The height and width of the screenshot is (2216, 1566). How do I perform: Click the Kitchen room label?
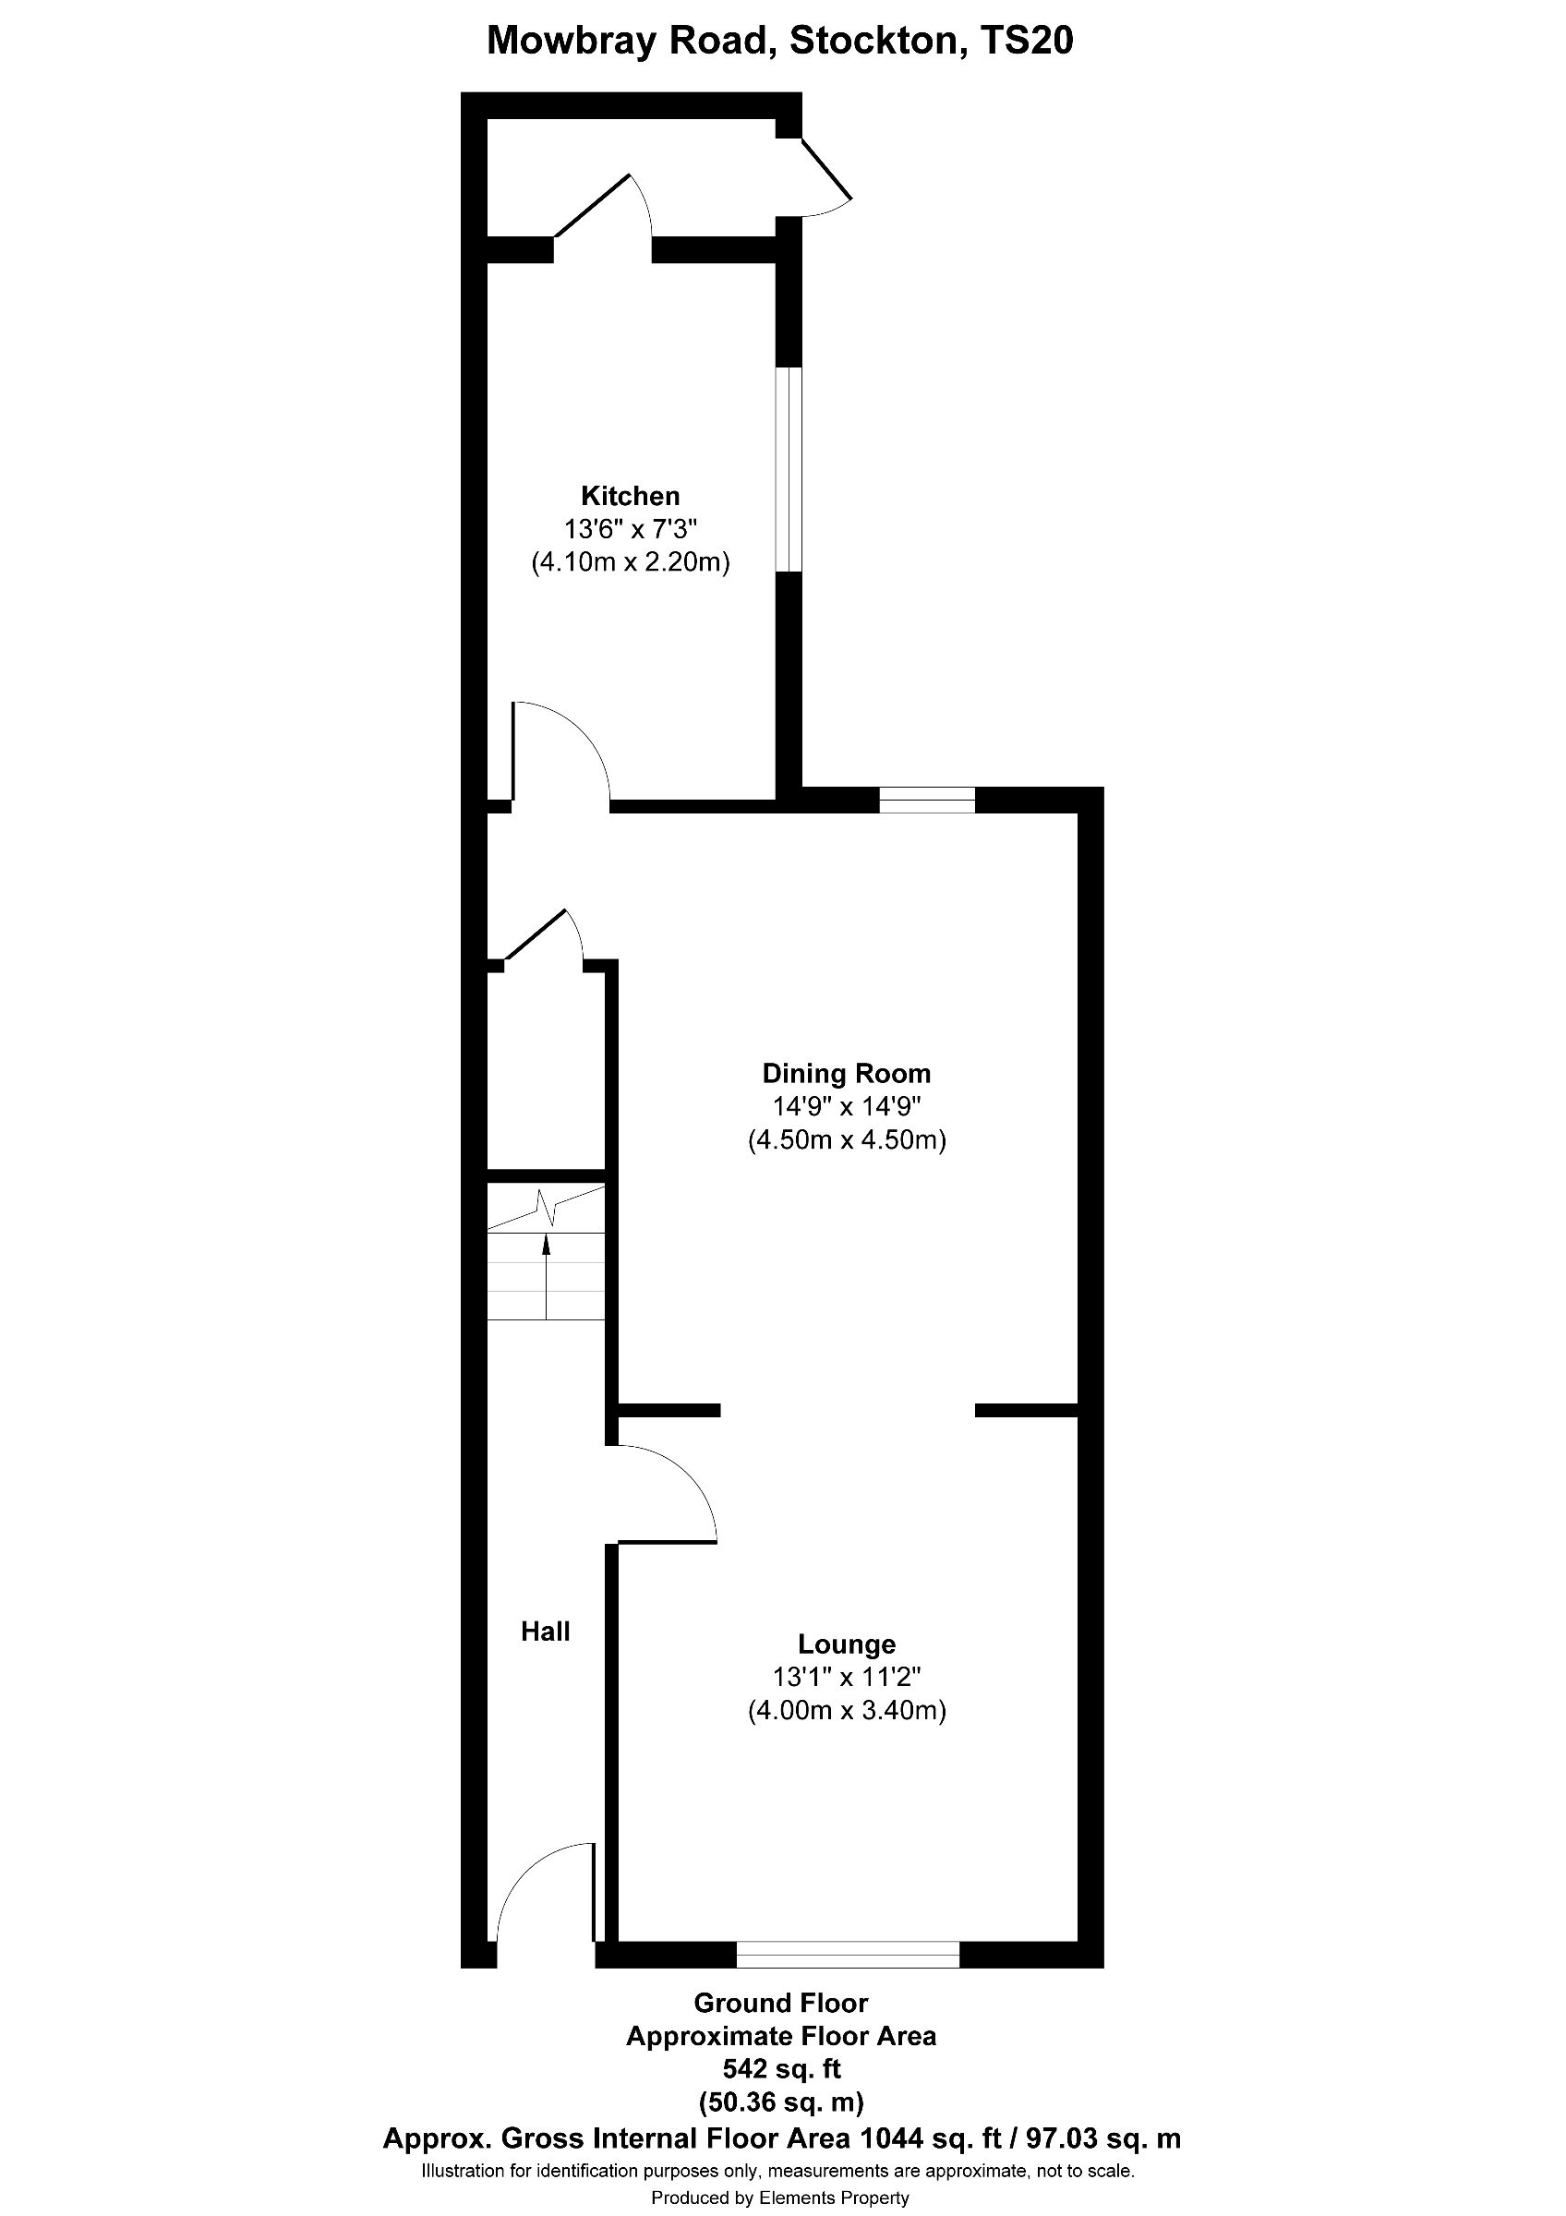630,496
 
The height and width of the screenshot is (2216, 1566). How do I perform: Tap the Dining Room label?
845,1073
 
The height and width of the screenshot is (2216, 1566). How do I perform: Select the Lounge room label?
846,1644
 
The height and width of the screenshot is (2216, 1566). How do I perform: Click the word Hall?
545,1632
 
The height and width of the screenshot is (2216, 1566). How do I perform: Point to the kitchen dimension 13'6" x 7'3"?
630,529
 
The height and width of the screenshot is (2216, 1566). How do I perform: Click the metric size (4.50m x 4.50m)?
846,1139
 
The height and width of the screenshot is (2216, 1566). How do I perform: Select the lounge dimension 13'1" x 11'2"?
846,1678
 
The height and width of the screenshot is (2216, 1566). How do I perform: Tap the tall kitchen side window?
789,469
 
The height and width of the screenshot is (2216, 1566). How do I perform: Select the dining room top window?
926,801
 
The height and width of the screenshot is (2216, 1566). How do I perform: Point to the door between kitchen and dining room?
560,753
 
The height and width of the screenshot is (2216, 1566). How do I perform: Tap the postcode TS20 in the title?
1026,42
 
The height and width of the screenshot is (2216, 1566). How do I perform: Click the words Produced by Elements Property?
779,2198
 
